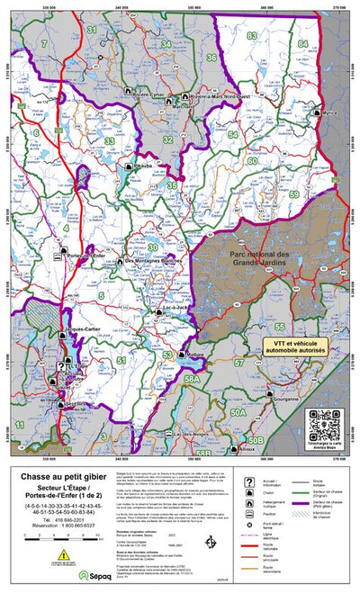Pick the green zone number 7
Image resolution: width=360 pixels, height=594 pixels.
click(x=42, y=42)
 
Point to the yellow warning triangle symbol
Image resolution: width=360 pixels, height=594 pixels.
click(x=39, y=556)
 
